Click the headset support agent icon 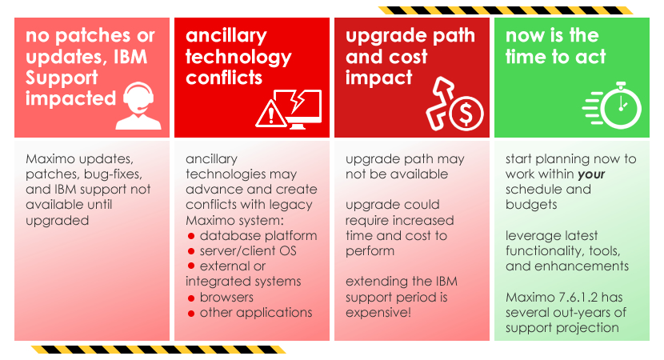(x=138, y=106)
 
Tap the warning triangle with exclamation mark (x=271, y=114)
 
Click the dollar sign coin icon (x=466, y=113)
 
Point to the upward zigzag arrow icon (x=439, y=103)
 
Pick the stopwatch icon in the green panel (x=612, y=106)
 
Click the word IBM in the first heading (x=131, y=57)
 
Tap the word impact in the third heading (x=378, y=78)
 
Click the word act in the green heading (x=590, y=57)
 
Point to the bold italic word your (x=591, y=174)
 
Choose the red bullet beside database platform (x=191, y=236)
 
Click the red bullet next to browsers (x=191, y=298)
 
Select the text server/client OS (x=248, y=250)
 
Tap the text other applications (x=256, y=313)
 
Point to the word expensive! (x=378, y=313)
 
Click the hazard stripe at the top (x=506, y=10)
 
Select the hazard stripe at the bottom (x=158, y=350)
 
